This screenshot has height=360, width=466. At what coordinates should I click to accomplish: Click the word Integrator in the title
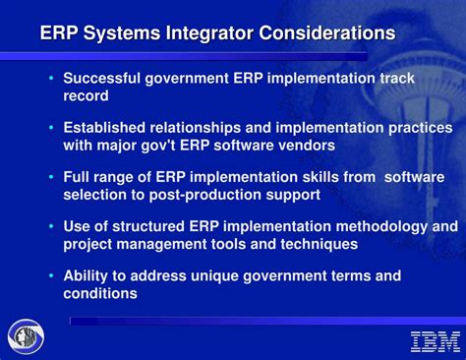click(x=206, y=33)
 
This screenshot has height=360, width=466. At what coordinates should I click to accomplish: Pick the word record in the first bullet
click(x=87, y=95)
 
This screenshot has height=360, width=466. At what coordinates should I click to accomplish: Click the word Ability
click(x=86, y=276)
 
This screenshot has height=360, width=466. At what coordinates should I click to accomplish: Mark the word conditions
click(x=100, y=293)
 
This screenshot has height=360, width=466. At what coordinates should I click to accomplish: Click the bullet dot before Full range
click(x=51, y=178)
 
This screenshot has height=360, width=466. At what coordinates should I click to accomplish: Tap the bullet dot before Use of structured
click(x=51, y=227)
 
